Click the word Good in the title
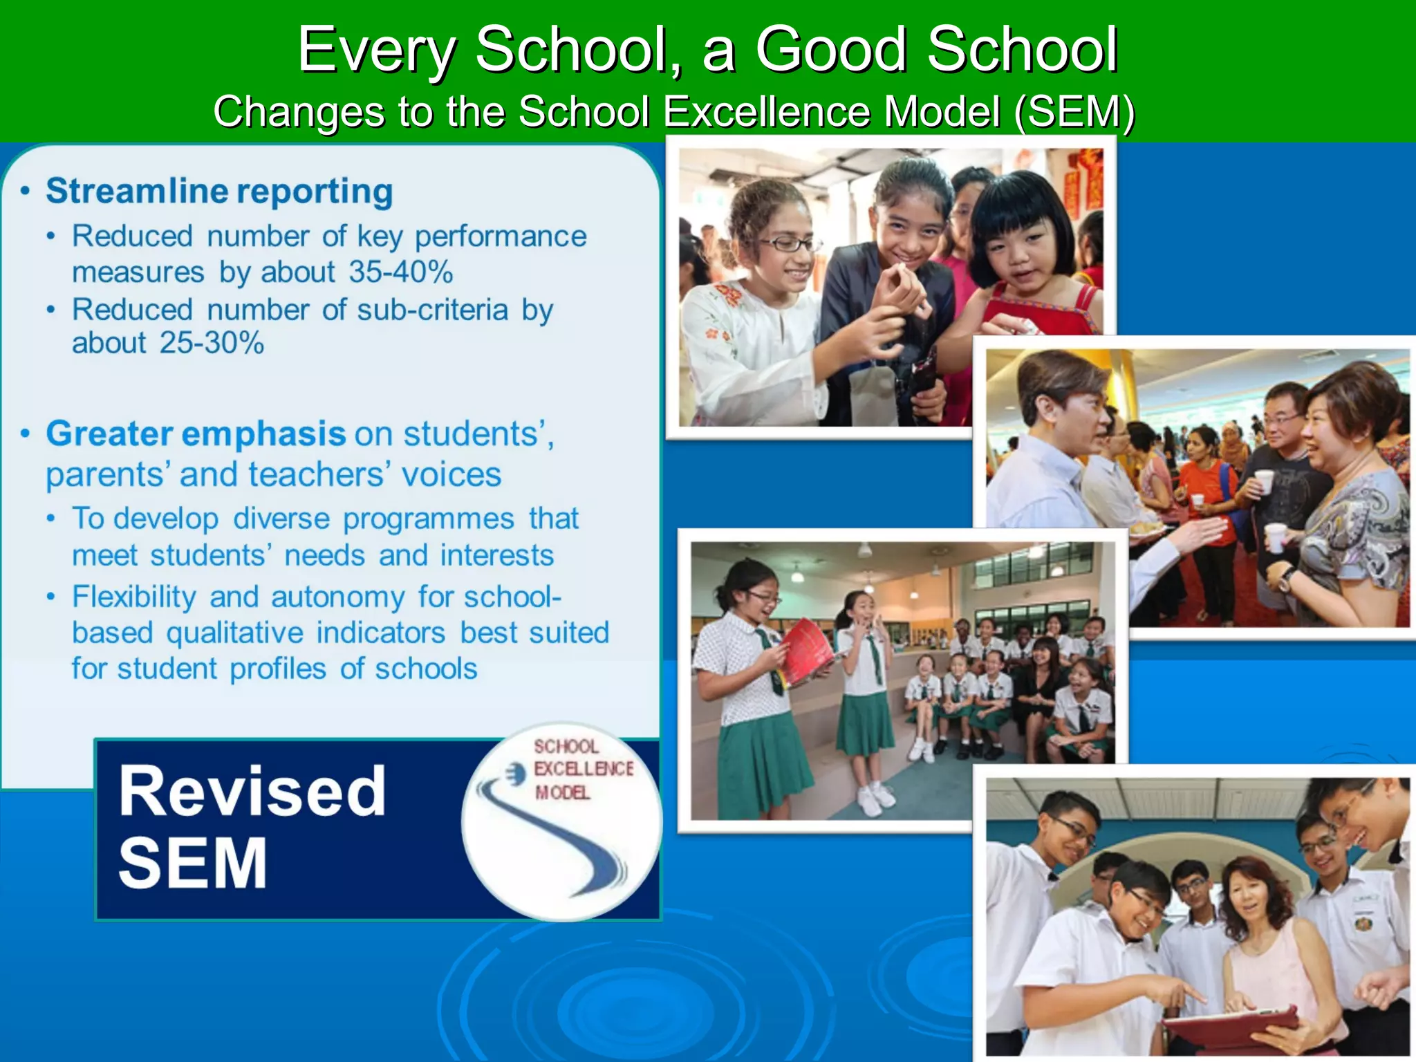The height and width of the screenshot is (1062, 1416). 830,50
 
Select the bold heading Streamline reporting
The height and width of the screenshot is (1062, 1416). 219,192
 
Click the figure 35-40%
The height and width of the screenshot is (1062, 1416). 400,272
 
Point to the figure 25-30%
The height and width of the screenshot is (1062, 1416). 212,344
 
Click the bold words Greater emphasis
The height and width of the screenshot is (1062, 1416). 196,434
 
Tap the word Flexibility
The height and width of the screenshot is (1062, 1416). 134,597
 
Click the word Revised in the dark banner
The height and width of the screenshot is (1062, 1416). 252,792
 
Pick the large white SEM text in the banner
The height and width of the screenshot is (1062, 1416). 193,863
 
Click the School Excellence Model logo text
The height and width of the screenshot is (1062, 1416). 582,769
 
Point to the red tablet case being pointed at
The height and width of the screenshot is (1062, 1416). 1231,1023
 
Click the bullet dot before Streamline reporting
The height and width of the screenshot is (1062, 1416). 26,192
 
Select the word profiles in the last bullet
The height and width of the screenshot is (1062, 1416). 277,669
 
